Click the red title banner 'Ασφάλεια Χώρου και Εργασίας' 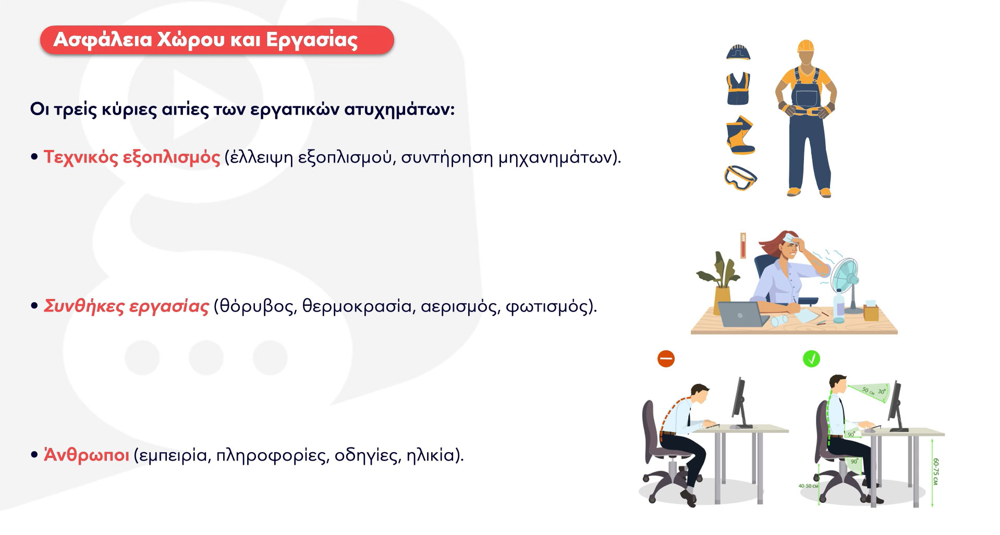[216, 40]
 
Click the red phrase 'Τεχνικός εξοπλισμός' [132, 157]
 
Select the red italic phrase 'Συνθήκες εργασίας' [126, 306]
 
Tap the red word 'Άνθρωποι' [87, 454]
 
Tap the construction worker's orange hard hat [806, 46]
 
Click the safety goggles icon [740, 177]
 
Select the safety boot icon [740, 135]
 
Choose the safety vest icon [739, 89]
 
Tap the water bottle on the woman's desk [838, 306]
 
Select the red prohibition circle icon [666, 359]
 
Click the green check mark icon [811, 358]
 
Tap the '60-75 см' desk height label [936, 472]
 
